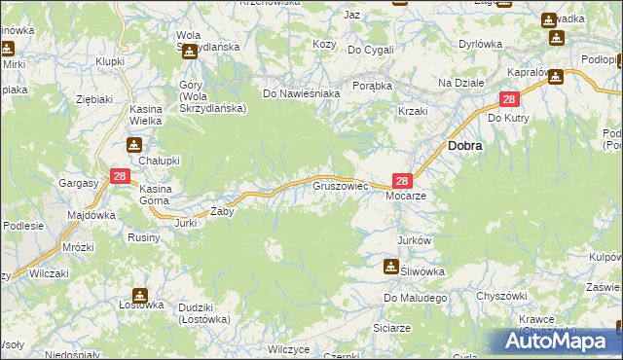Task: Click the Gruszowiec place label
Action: pyautogui.click(x=339, y=184)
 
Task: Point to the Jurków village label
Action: pyautogui.click(x=414, y=239)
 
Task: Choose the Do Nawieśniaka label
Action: pyautogui.click(x=301, y=94)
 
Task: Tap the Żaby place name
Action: pyautogui.click(x=223, y=211)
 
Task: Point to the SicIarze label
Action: pyautogui.click(x=391, y=329)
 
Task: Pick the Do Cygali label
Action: pyautogui.click(x=371, y=50)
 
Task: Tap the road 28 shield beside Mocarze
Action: pyautogui.click(x=403, y=180)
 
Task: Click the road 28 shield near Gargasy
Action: pyautogui.click(x=120, y=176)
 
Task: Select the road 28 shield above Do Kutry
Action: pyautogui.click(x=509, y=99)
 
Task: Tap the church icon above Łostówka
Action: pyautogui.click(x=140, y=294)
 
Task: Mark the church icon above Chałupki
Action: pyautogui.click(x=133, y=145)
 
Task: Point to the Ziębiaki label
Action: pyautogui.click(x=95, y=99)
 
